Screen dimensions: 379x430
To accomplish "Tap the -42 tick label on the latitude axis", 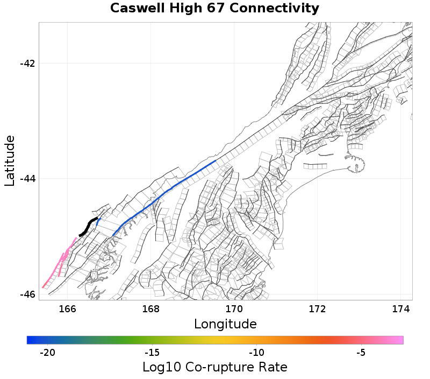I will coord(27,64).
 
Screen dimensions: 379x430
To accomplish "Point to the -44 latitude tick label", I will coord(27,179).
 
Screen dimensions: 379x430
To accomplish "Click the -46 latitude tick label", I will coord(27,294).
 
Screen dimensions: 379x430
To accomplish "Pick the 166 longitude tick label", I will coord(67,309).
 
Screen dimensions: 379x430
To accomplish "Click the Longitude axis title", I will coord(225,324).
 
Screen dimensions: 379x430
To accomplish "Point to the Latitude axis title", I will coord(10,161).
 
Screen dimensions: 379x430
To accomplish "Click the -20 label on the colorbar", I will coord(48,353).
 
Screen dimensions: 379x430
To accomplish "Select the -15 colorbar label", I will coord(152,353).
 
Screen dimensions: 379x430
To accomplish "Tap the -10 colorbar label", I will coord(256,353).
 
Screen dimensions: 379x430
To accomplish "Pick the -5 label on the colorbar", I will coord(361,353).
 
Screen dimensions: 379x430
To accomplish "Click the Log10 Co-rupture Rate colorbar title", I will coord(215,367).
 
